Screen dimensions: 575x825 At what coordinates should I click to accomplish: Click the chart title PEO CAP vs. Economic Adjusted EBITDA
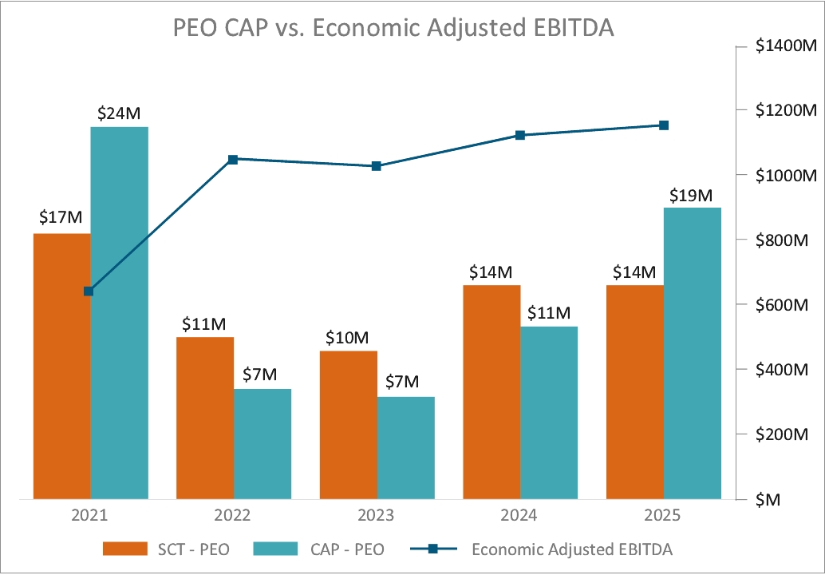tap(394, 29)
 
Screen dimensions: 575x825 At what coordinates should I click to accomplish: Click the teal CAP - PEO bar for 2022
tap(262, 444)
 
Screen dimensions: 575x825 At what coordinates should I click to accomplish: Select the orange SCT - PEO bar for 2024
tap(491, 391)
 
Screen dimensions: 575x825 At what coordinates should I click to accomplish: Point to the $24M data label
tap(119, 113)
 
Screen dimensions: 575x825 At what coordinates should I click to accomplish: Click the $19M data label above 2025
tap(692, 195)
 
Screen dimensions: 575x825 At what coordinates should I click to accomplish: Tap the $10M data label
tap(348, 338)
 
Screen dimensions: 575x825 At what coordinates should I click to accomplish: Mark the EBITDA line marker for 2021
tap(89, 291)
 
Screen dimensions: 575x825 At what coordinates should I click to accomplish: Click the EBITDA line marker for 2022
tap(233, 160)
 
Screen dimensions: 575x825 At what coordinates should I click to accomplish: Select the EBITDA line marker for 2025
tap(663, 125)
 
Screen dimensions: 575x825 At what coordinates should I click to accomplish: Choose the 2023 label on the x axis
tap(377, 515)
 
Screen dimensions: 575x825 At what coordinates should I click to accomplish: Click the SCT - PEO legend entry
tap(168, 549)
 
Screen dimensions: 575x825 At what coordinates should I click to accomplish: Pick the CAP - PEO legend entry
tap(318, 549)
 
